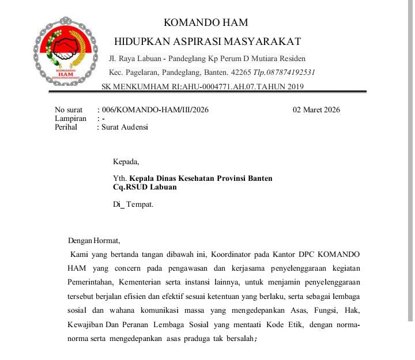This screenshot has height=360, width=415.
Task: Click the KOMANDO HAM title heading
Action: pos(206,23)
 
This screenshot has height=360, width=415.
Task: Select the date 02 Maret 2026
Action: pos(316,109)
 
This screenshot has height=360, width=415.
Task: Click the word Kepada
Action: pos(126,161)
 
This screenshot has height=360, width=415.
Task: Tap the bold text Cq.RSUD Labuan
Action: pos(145,187)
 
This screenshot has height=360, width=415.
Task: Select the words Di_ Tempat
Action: pos(133,204)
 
